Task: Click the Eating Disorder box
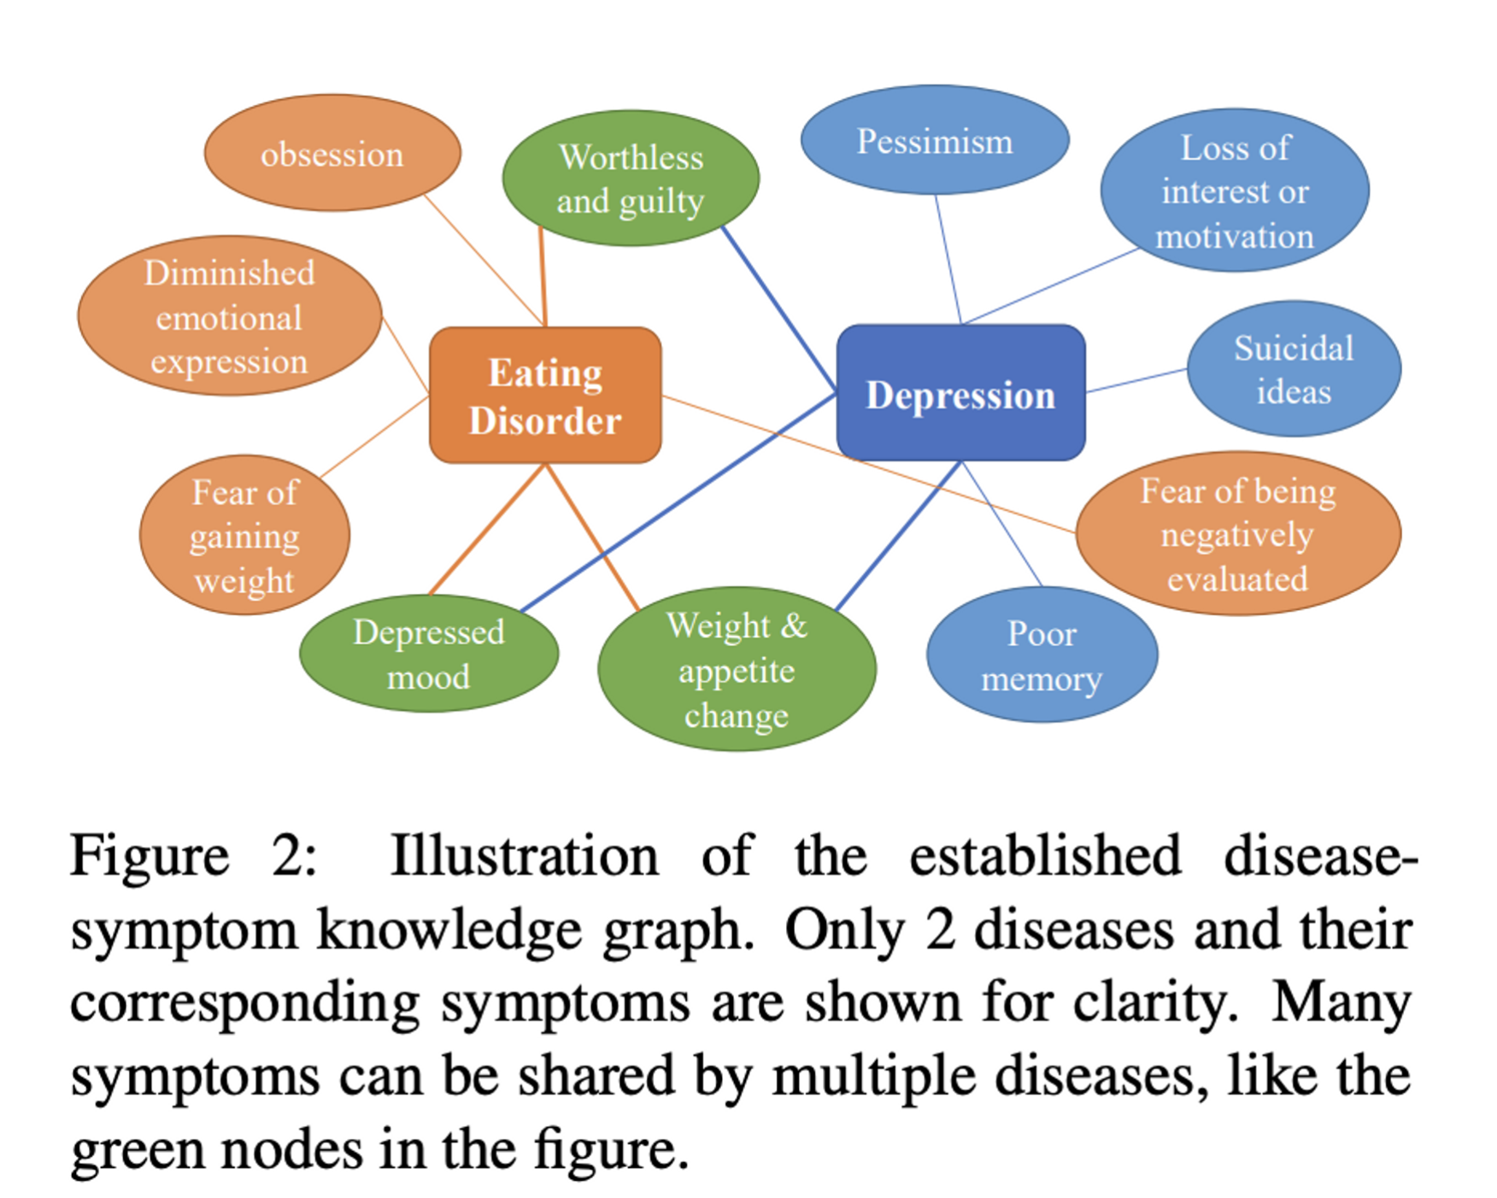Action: click(545, 395)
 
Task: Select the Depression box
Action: click(961, 393)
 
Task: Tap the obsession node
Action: click(332, 153)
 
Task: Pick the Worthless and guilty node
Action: click(631, 178)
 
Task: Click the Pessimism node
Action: click(935, 139)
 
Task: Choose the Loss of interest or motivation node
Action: click(1235, 190)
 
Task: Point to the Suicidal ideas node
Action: click(1294, 368)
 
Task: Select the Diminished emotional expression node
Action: click(230, 316)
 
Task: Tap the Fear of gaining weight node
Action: click(245, 535)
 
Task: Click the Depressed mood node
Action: click(429, 654)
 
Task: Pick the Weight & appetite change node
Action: click(737, 669)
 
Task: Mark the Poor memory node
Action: click(1042, 655)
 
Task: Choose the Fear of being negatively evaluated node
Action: click(1238, 534)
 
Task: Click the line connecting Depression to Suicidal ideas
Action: click(1136, 380)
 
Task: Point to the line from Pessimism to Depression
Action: click(948, 259)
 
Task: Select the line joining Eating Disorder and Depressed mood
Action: click(487, 529)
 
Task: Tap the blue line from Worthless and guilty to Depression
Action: click(779, 308)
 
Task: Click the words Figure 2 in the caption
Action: click(192, 855)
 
